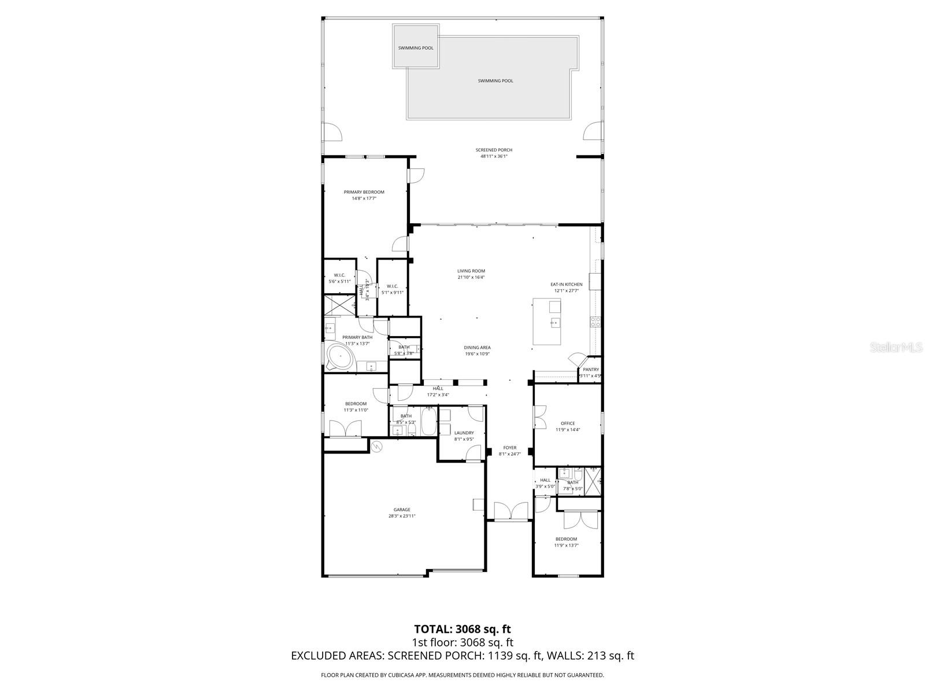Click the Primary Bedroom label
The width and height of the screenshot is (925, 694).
pyautogui.click(x=364, y=192)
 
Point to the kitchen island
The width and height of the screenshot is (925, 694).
pyautogui.click(x=546, y=322)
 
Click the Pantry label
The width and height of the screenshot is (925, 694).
pyautogui.click(x=591, y=370)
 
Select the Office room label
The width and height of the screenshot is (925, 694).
pyautogui.click(x=568, y=423)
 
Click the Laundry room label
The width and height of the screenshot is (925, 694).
pyautogui.click(x=464, y=433)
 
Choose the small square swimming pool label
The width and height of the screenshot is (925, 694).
pyautogui.click(x=415, y=48)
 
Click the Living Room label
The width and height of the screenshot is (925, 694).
pyautogui.click(x=471, y=271)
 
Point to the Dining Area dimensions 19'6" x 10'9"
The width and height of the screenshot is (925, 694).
pyautogui.click(x=477, y=354)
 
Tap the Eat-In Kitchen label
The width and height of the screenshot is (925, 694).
pyautogui.click(x=566, y=285)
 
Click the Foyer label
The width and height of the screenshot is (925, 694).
pyautogui.click(x=509, y=448)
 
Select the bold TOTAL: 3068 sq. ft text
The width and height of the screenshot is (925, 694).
pyautogui.click(x=462, y=629)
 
